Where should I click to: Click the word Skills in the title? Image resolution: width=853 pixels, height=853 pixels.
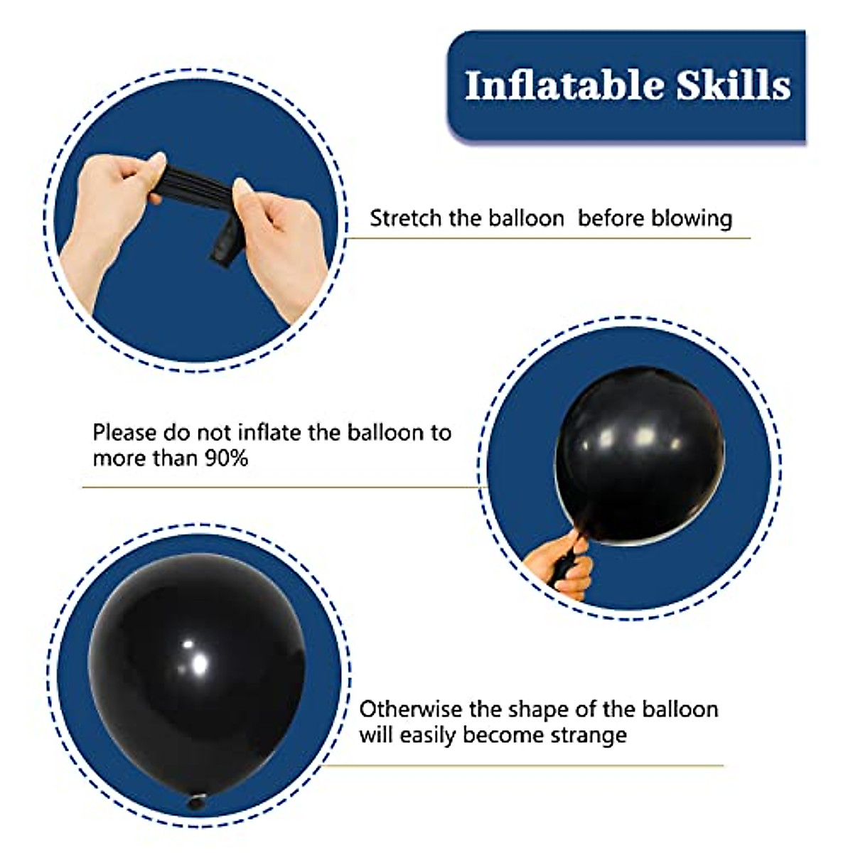(734, 85)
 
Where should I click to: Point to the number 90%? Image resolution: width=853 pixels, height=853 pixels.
(226, 458)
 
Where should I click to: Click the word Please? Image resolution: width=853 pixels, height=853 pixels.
(124, 432)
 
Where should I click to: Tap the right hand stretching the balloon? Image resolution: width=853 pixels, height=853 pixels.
(279, 248)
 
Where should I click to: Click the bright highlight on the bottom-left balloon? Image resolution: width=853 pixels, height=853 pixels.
(199, 663)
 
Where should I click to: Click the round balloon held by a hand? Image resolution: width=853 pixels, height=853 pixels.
(640, 456)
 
